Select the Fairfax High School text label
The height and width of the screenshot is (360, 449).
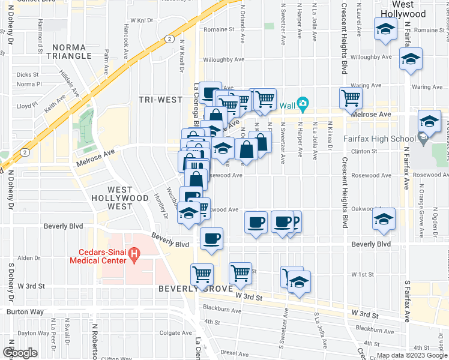tap(381, 139)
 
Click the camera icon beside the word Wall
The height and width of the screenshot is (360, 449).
tap(303, 106)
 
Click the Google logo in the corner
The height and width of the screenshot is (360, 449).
tap(19, 353)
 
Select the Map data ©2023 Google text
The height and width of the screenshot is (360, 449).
tap(411, 355)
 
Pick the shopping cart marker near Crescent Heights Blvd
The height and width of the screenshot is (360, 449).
tap(351, 98)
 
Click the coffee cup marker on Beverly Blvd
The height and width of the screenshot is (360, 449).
tap(211, 238)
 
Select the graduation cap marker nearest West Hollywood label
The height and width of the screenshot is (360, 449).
tap(385, 29)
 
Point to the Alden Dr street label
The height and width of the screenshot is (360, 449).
tap(28, 258)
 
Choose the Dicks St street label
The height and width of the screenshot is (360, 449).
tap(28, 75)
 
